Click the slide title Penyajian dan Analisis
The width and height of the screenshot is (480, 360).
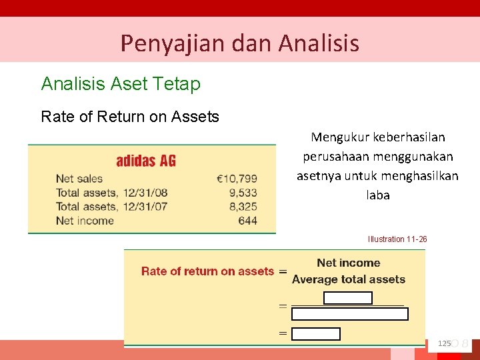239,43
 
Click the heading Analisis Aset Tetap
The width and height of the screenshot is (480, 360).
121,84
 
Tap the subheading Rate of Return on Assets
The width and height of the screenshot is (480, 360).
130,117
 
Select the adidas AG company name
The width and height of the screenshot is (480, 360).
146,161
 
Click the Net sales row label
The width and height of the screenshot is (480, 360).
79,179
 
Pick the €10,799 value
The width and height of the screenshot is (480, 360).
237,179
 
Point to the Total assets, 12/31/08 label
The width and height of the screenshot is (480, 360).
112,193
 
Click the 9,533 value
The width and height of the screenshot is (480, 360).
243,193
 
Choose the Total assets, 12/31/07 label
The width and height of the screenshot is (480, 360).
112,207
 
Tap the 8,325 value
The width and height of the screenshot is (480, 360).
243,207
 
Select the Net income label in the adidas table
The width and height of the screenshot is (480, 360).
85,221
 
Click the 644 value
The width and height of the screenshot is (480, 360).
247,221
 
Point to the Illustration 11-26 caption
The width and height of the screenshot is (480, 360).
397,239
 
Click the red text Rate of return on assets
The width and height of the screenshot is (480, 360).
207,271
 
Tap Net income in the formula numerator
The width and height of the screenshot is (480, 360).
349,263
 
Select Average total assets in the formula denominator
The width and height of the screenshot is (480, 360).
349,279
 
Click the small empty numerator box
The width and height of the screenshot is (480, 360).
347,298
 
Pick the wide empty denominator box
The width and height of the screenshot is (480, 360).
350,314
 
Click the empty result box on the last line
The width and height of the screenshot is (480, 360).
316,334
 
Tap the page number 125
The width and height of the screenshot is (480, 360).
444,343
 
